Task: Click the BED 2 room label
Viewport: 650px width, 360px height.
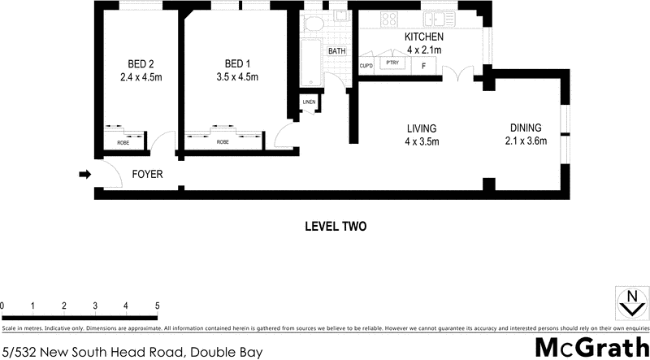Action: [x=141, y=64]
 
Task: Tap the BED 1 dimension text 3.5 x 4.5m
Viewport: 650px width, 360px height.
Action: [x=237, y=78]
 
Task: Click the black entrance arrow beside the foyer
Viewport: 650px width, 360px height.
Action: [x=84, y=173]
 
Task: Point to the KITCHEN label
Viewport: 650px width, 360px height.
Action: [x=423, y=37]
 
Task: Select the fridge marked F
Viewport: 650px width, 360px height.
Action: [x=422, y=66]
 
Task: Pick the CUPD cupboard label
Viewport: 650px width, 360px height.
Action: [x=366, y=66]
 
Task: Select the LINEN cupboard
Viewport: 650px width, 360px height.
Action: [x=309, y=102]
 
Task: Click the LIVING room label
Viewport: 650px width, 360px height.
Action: [x=422, y=128]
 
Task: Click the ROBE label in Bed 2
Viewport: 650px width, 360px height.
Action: [x=123, y=142]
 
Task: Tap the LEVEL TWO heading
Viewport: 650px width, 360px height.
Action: [x=336, y=227]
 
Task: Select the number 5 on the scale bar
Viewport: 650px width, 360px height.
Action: [x=157, y=306]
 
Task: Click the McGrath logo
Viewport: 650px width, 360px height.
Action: [x=591, y=347]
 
